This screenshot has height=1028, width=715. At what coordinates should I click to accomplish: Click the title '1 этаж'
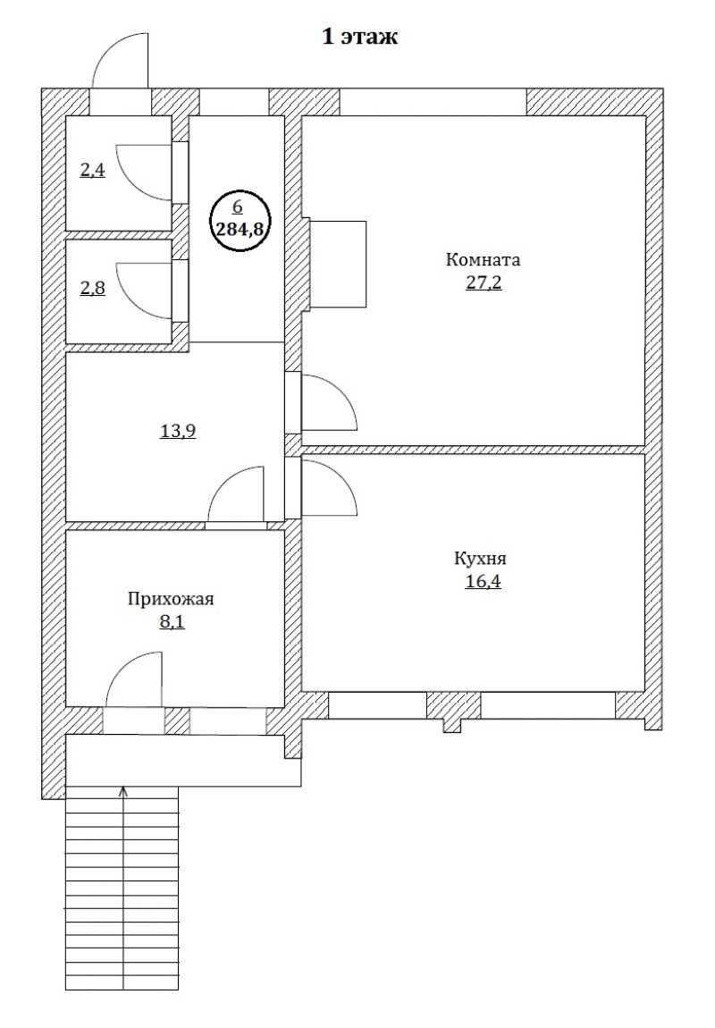point(360,37)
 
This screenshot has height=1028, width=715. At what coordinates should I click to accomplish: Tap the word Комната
point(483,259)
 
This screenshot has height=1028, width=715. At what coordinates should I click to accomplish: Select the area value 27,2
point(484,283)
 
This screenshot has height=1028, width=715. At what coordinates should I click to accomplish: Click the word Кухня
point(480,559)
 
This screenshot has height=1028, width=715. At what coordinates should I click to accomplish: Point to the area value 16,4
point(483,582)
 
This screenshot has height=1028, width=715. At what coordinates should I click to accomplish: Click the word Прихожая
point(171,599)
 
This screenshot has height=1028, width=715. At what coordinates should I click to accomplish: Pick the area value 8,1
point(172,621)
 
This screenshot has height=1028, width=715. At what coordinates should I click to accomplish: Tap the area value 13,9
point(178,432)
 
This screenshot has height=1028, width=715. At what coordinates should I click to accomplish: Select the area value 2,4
point(92,172)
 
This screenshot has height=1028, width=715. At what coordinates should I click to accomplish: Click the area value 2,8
point(92,289)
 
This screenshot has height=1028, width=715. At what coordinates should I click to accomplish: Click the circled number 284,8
point(240,228)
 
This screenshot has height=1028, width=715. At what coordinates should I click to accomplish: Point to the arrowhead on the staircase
point(124,791)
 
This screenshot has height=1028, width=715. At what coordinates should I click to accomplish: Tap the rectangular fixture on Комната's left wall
point(338,264)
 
